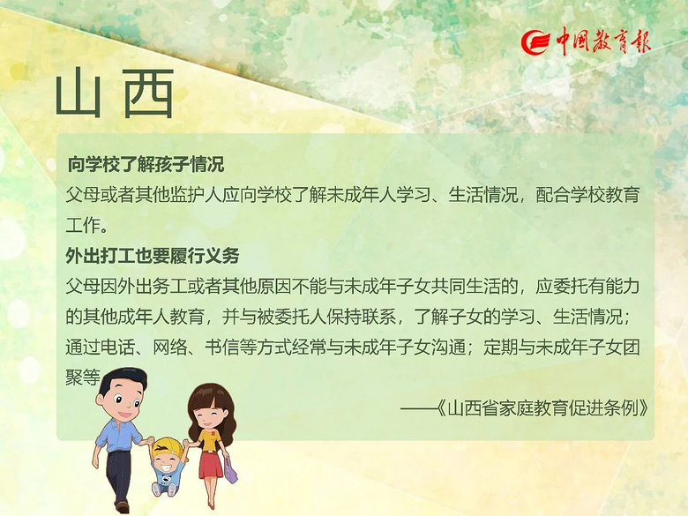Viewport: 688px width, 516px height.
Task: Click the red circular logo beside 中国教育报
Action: [x=535, y=42]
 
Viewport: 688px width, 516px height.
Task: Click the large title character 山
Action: [x=79, y=93]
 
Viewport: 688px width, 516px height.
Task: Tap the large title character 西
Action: [x=148, y=93]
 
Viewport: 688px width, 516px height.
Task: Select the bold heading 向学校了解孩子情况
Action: [x=146, y=165]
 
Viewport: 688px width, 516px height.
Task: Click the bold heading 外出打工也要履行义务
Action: [x=153, y=256]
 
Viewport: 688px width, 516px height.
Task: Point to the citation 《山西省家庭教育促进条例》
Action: [x=542, y=408]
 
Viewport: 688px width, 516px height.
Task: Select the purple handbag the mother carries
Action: [x=230, y=469]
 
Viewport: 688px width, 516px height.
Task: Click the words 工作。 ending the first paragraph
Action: [x=86, y=225]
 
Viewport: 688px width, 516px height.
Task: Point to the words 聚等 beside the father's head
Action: [x=83, y=377]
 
